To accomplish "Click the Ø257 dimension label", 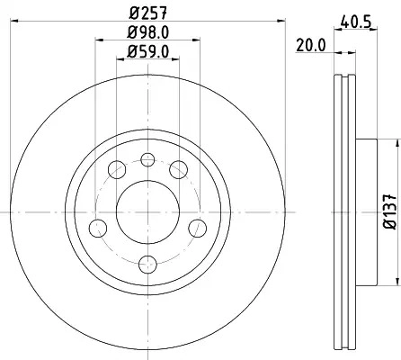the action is point(147,13).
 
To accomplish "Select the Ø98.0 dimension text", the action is point(147,32).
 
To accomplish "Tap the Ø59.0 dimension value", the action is point(147,51).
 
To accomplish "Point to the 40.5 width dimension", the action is point(356,22).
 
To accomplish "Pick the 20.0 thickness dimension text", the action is point(311,46).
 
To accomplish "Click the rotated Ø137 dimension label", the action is point(390,211).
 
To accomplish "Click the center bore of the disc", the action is point(147,212).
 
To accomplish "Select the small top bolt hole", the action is point(147,159).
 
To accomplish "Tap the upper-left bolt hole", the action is point(117,169).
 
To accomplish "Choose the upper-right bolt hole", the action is point(179,169).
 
